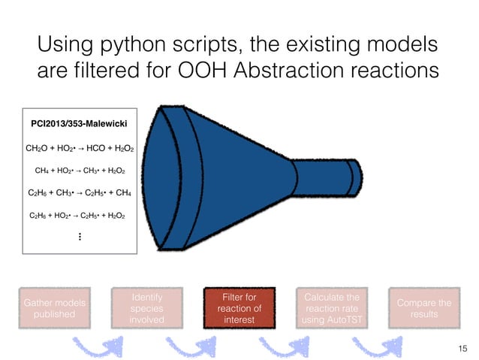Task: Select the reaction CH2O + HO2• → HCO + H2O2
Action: coord(80,149)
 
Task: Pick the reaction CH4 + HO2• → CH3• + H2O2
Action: coord(80,171)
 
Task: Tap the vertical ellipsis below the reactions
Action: coord(79,237)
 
